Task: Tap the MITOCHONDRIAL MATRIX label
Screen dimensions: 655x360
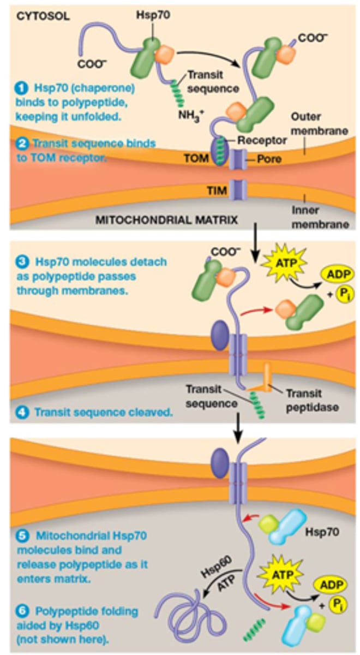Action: [x=166, y=221]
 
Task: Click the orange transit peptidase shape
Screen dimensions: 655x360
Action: [x=266, y=379]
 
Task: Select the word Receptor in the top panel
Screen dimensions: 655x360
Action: [x=262, y=140]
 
